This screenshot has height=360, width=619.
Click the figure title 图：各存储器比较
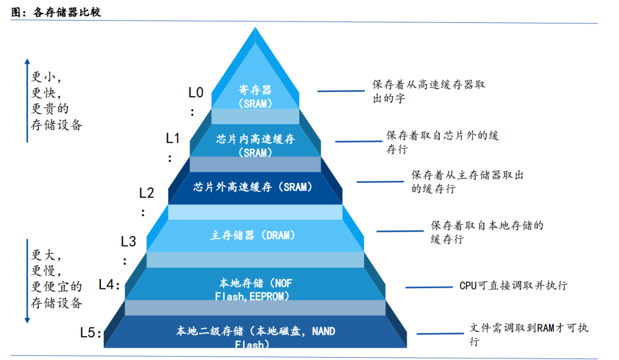click(x=56, y=12)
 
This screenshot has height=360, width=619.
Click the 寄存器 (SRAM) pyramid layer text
click(x=255, y=96)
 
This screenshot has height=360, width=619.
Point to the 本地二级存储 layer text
click(x=255, y=338)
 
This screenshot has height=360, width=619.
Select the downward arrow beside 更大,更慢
click(x=26, y=281)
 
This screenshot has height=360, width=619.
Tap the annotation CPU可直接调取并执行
click(x=513, y=285)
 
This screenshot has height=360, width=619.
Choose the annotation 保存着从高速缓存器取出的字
click(x=429, y=91)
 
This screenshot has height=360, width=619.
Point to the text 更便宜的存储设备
click(x=56, y=295)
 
